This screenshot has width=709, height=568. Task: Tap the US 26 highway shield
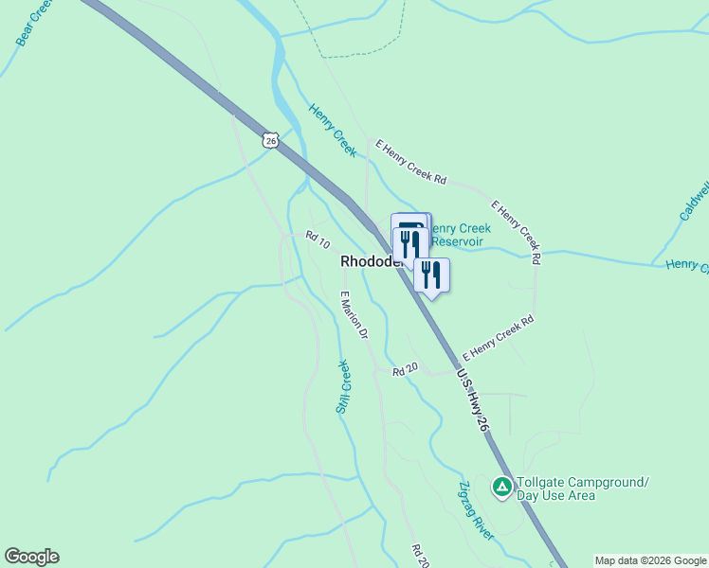[x=271, y=140]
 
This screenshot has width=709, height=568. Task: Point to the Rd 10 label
[x=317, y=240]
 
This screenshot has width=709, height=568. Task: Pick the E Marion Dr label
[x=354, y=314]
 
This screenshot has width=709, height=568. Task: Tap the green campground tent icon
[x=501, y=487]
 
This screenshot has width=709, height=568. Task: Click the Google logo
[x=31, y=557]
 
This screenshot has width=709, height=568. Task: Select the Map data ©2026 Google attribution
[x=650, y=560]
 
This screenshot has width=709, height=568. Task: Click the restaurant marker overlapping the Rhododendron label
[x=409, y=244]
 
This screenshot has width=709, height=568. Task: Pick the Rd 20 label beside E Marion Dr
[x=405, y=370]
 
